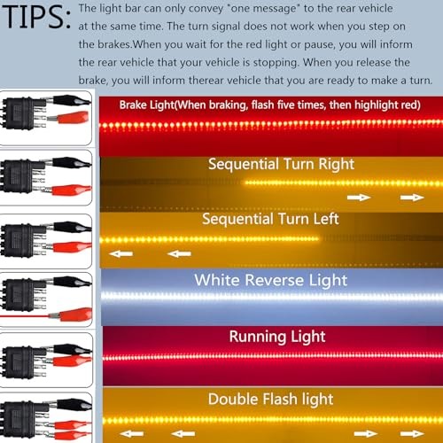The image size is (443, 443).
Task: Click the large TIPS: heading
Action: (x=36, y=17)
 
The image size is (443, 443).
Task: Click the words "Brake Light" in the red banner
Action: (x=147, y=105)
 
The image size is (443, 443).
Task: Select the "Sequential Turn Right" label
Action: (x=281, y=164)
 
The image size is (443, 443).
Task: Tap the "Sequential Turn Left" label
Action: (x=270, y=219)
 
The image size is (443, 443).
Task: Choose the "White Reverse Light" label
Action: (x=271, y=280)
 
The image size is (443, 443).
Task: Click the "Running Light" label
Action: (x=277, y=337)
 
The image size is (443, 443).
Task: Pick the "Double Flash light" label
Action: (x=270, y=399)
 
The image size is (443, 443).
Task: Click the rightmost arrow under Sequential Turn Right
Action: (x=412, y=198)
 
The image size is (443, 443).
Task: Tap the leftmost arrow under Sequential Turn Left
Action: (x=120, y=253)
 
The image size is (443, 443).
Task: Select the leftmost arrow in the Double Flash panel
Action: (x=132, y=433)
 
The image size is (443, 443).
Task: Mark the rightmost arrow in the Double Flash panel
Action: (x=412, y=433)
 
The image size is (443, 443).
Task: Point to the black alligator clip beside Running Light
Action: (x=71, y=350)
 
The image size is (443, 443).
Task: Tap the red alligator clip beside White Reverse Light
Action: (x=73, y=315)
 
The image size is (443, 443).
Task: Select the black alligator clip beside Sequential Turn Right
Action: (x=71, y=162)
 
